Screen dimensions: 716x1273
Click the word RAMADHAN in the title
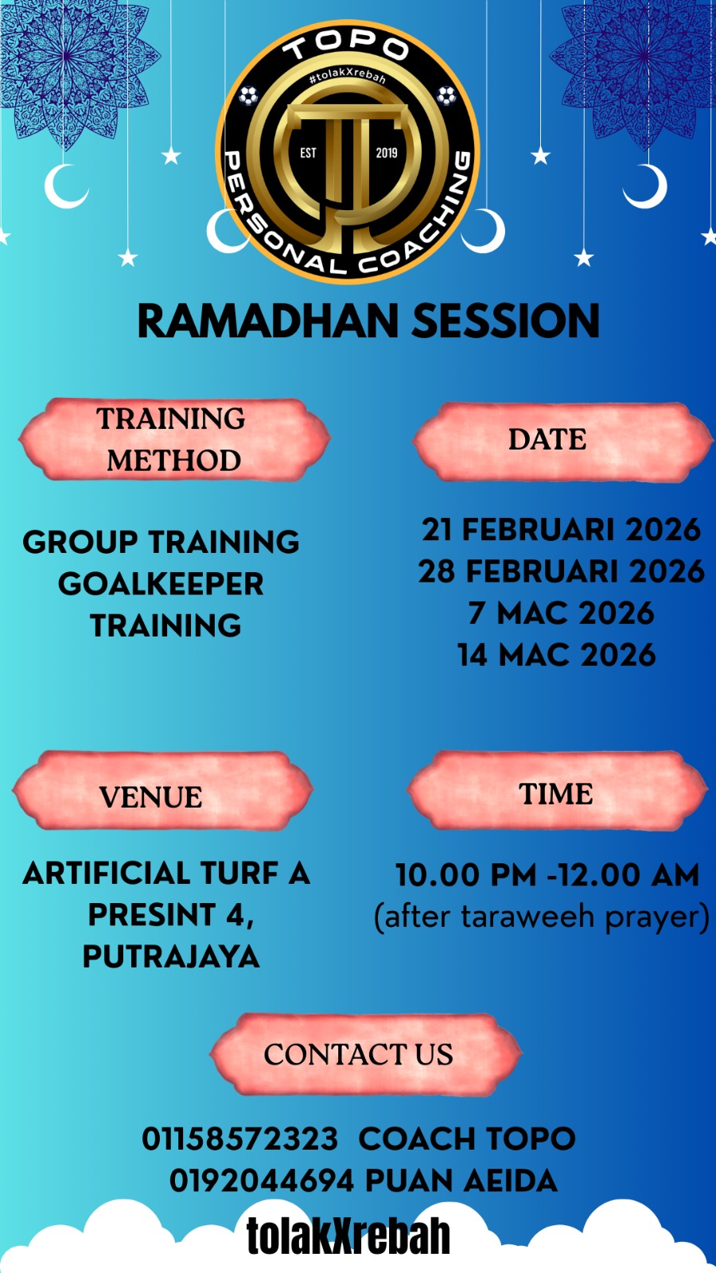[x=268, y=321]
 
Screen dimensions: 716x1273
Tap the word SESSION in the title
[x=506, y=321]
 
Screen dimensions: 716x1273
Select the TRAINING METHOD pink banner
[x=174, y=439]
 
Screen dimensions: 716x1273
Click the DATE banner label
[x=547, y=439]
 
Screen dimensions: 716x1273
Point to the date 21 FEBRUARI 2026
[x=561, y=530]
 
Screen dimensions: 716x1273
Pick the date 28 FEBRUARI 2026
[x=561, y=571]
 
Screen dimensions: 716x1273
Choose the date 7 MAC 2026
[x=561, y=613]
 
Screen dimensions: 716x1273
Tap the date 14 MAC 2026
[x=557, y=655]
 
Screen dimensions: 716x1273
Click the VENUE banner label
[x=150, y=796]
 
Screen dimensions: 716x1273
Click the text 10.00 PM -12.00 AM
[x=547, y=874]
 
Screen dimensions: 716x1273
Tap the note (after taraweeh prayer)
[x=542, y=917]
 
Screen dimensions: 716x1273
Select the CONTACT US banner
[x=366, y=1055]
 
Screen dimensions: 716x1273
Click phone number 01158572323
[x=239, y=1139]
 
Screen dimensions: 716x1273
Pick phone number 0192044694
[x=262, y=1181]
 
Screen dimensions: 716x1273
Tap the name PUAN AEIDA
[x=461, y=1181]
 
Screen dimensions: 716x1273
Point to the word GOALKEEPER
[x=161, y=584]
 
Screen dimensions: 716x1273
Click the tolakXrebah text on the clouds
[x=348, y=1236]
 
